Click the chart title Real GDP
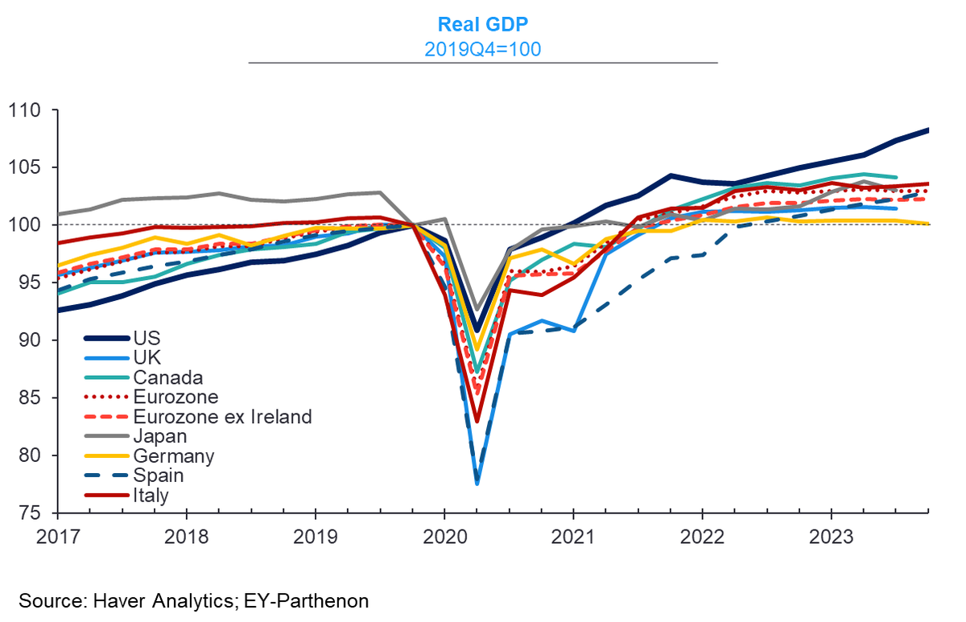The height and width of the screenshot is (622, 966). [x=482, y=25]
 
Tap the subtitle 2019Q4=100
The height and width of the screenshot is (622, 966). [x=482, y=50]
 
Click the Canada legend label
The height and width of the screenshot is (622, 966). [x=167, y=377]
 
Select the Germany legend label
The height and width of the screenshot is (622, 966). [x=173, y=456]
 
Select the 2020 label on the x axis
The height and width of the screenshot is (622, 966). [x=444, y=537]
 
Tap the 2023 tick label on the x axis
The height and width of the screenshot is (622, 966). [x=831, y=537]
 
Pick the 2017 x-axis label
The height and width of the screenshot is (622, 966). [x=58, y=537]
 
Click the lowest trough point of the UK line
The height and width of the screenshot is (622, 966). [x=477, y=484]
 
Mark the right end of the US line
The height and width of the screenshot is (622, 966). [x=927, y=130]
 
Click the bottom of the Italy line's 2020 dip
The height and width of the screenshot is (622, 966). [x=477, y=421]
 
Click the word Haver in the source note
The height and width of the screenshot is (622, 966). [x=118, y=601]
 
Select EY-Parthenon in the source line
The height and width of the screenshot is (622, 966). [x=306, y=601]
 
